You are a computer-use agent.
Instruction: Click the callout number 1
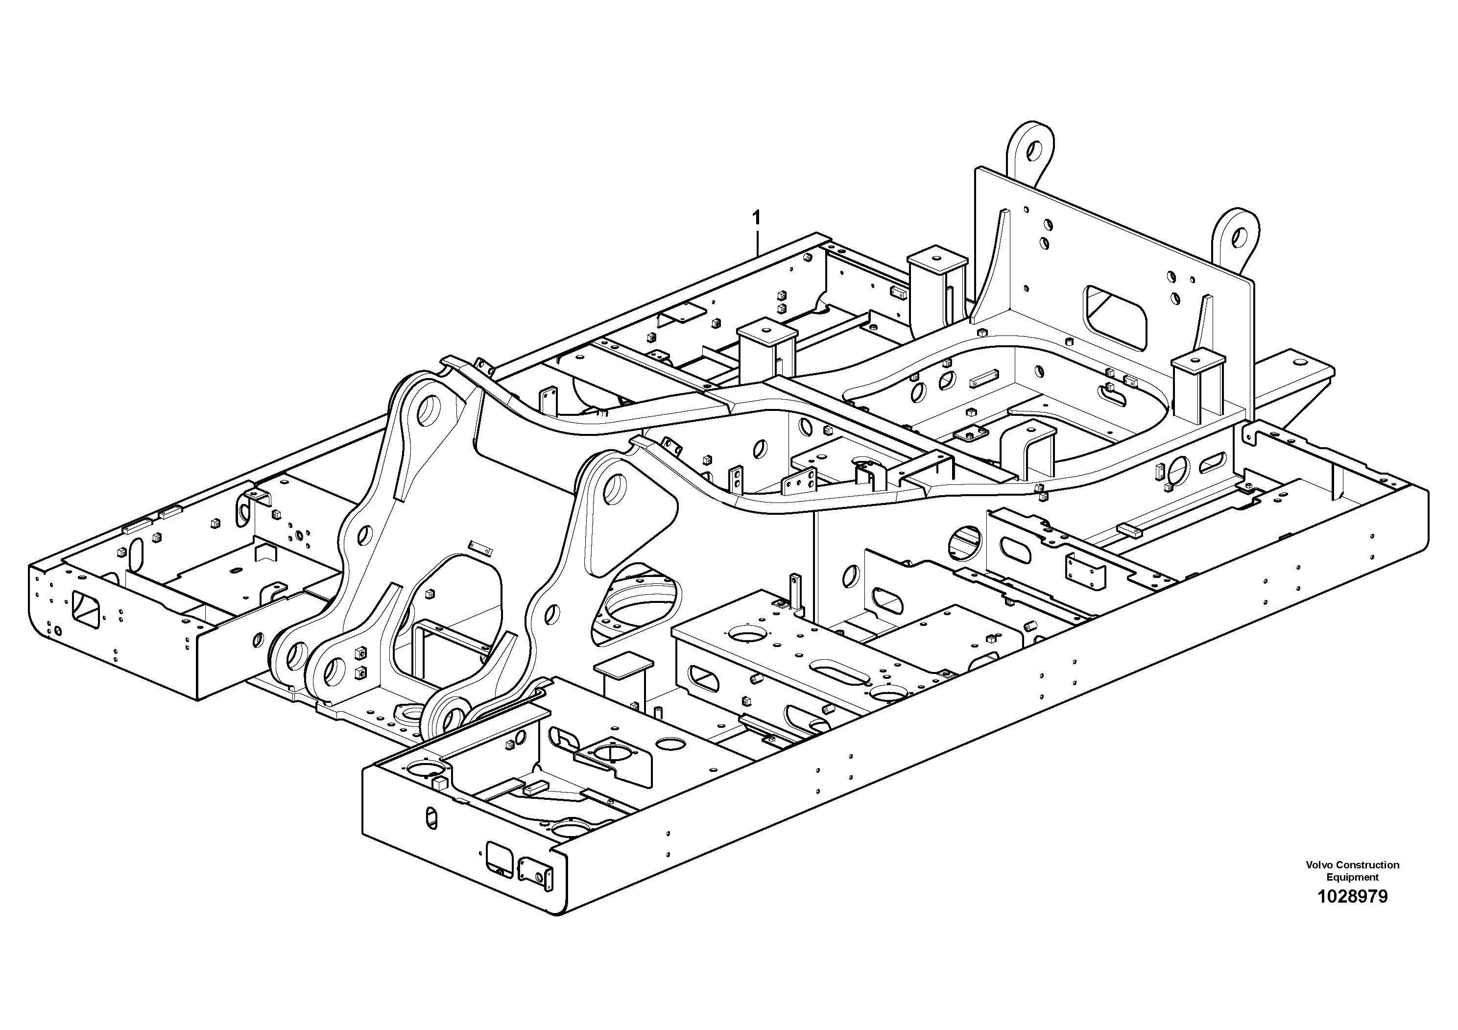[756, 218]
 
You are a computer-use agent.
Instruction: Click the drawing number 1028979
[1352, 897]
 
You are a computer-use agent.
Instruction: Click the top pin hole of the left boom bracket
[431, 411]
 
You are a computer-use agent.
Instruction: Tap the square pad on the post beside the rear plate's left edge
[936, 261]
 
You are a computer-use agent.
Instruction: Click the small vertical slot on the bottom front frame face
[431, 817]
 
